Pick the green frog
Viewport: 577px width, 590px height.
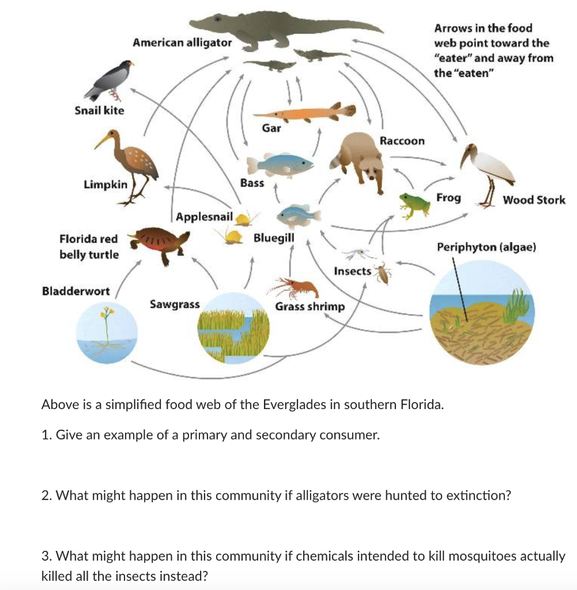[x=414, y=205]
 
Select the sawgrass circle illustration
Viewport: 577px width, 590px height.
[x=234, y=327]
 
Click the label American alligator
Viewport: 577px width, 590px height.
[x=182, y=42]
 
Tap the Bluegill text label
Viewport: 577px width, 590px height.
[x=274, y=237]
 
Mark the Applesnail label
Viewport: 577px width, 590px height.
[x=204, y=217]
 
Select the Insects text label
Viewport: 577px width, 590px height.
[x=352, y=271]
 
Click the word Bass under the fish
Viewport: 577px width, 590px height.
[x=252, y=183]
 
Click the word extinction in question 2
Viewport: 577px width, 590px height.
[x=483, y=496]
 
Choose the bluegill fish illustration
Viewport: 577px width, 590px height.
[x=299, y=215]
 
